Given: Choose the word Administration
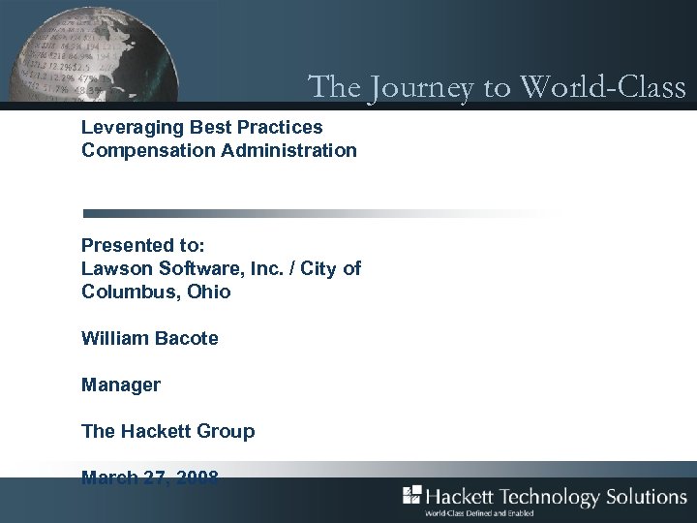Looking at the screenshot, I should tap(288, 150).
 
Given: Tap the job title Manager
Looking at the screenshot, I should tap(121, 385).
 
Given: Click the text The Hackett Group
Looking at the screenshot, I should tap(167, 431).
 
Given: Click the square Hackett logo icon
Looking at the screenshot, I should tap(411, 495).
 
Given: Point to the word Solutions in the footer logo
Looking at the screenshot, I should tap(647, 497).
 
